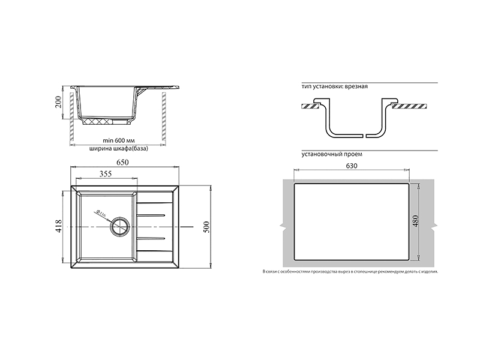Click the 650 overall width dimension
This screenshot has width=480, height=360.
coord(122,162)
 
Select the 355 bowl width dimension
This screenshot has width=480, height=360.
coord(106,173)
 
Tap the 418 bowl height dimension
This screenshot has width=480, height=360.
coord(58,226)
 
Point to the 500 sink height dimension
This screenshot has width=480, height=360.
coord(206,227)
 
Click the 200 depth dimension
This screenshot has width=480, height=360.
coord(58,102)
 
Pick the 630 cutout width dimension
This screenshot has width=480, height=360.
coord(352,166)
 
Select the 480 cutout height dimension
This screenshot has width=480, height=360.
coord(415,221)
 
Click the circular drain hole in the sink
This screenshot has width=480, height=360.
coord(119,227)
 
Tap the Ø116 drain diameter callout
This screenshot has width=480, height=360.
coord(100,213)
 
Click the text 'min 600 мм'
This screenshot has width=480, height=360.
coord(119,140)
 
